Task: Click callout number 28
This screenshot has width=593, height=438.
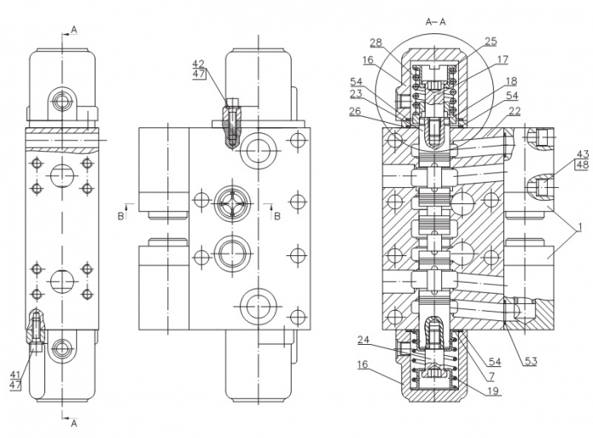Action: (x=375, y=42)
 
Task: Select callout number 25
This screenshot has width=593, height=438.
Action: (x=490, y=41)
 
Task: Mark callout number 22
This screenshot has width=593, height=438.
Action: (x=514, y=113)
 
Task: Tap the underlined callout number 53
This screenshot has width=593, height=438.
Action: (x=531, y=361)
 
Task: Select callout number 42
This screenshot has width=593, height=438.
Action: (x=198, y=64)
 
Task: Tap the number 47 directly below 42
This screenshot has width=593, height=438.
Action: (x=198, y=75)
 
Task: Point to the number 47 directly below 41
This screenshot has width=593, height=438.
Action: (x=15, y=386)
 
